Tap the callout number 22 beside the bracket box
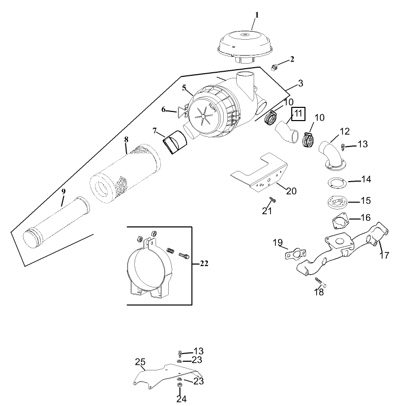click(203, 264)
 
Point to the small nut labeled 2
click(273, 67)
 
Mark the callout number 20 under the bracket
click(291, 191)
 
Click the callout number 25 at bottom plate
click(140, 362)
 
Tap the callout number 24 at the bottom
click(181, 398)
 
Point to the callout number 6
click(164, 109)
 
